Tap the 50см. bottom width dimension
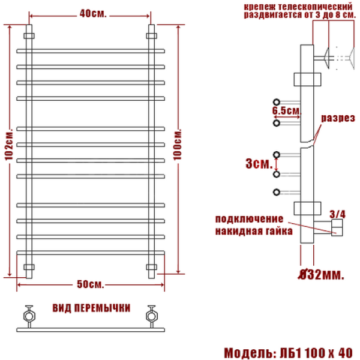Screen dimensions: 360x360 point(90,283)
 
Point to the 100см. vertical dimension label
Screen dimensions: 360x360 point(178,143)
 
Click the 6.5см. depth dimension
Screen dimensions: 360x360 point(286,112)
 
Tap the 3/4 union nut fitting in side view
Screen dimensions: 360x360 point(337,227)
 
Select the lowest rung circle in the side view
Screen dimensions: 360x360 point(276,192)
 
